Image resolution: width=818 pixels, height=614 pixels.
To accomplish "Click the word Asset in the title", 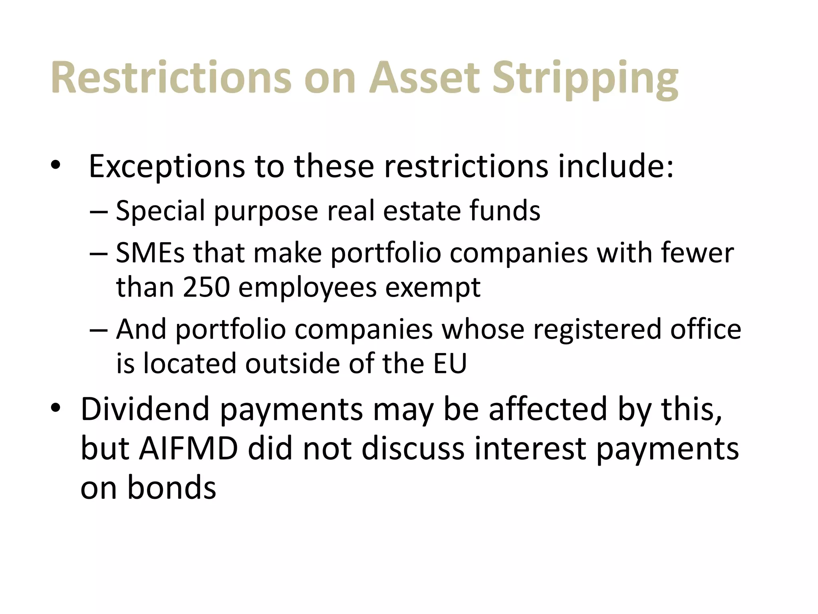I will [x=424, y=78].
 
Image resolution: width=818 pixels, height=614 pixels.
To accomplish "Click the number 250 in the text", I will [x=206, y=287].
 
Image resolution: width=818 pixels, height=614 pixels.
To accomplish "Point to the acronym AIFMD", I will [x=189, y=449].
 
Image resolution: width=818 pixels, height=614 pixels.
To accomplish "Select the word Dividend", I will [x=145, y=409].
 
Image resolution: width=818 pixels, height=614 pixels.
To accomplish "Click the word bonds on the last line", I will [x=171, y=488].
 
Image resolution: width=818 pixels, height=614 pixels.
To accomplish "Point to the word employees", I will [x=307, y=288].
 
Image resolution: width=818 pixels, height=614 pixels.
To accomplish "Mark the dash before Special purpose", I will [x=99, y=211].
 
